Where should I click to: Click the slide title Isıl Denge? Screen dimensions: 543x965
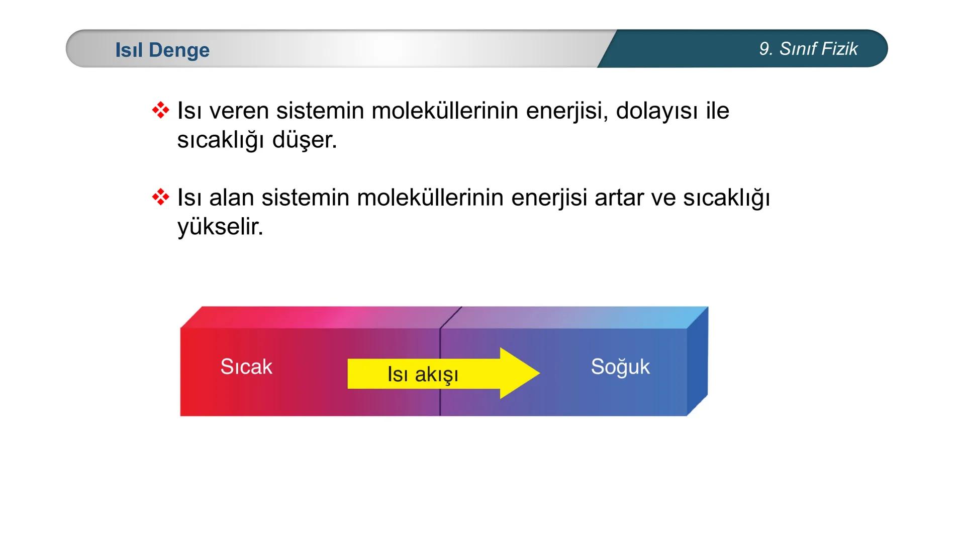162,50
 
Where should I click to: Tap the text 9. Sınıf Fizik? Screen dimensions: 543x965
808,49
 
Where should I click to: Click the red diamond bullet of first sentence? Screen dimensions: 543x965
160,110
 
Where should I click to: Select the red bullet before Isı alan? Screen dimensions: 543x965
160,197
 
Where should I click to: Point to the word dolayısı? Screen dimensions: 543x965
657,111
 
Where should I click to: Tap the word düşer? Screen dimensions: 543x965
304,140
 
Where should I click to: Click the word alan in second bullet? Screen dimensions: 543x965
231,198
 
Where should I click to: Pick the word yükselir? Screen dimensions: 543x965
220,227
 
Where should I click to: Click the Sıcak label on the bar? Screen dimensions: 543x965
246,367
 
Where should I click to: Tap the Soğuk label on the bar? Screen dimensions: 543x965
620,367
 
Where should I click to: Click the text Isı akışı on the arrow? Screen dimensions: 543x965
423,374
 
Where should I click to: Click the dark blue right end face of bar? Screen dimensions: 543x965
697,361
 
